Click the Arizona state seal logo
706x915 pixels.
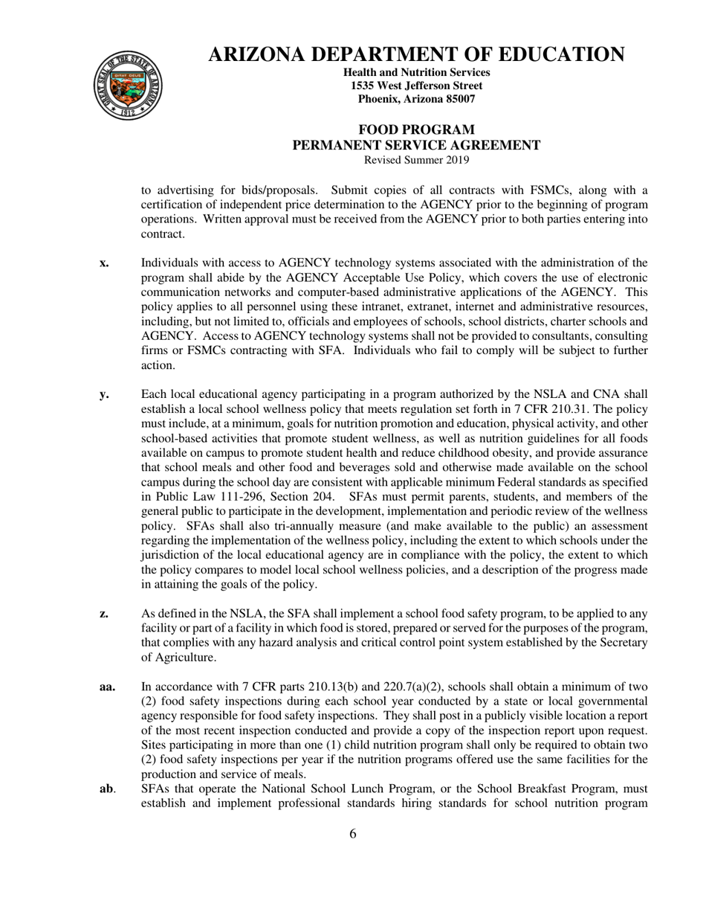point(126,86)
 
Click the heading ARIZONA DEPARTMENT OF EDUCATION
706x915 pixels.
point(416,54)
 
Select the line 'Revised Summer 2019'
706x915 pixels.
point(416,159)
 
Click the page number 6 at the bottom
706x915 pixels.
point(353,833)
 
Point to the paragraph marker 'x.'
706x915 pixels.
point(104,263)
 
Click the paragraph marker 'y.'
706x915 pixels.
point(104,394)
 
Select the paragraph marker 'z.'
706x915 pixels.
point(104,614)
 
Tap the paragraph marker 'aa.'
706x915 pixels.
point(107,687)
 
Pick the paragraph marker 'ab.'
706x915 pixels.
point(107,789)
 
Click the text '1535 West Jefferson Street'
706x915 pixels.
point(416,86)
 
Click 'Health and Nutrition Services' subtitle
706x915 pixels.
point(416,72)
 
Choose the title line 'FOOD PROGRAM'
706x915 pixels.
point(416,130)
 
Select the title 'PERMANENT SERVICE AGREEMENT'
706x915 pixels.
point(416,145)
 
